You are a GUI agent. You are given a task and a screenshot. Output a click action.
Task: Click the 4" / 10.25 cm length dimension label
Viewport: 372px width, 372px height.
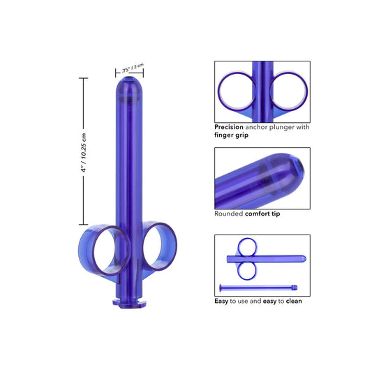[x=84, y=151]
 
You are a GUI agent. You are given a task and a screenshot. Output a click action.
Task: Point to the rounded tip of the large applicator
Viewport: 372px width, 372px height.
[x=130, y=84]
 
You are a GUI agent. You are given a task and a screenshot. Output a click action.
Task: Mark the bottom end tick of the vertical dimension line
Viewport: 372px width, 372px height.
[x=84, y=225]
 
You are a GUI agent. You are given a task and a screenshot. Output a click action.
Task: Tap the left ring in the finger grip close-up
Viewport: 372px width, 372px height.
[x=237, y=91]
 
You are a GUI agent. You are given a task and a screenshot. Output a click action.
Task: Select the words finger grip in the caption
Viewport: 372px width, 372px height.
[x=230, y=136]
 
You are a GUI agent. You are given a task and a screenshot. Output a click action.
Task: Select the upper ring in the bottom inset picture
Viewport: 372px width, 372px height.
[x=247, y=246]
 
